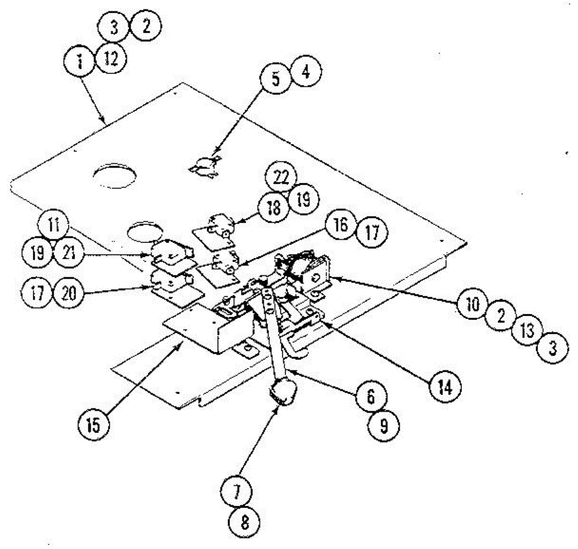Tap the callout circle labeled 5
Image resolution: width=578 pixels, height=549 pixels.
275,78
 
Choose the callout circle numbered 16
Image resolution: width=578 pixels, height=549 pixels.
341,225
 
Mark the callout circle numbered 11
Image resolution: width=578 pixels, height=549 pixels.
53,225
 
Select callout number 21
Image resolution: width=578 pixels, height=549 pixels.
69,253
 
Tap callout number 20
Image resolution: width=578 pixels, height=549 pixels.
69,293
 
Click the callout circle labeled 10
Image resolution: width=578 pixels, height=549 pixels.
473,304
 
